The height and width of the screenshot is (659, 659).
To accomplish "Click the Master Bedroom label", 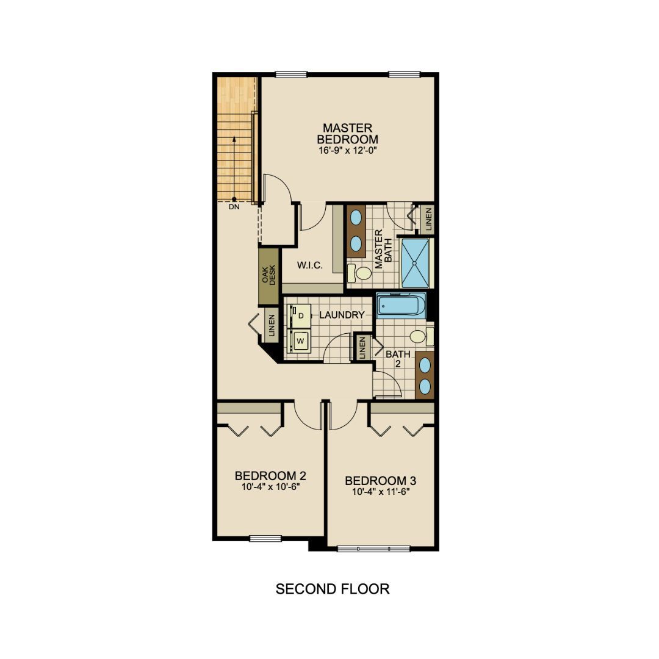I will (347, 134).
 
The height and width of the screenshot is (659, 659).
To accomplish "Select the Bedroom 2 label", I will (270, 476).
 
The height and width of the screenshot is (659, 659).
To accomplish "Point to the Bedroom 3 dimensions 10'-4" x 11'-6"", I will (380, 492).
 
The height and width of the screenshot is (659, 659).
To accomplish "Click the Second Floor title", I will (332, 589).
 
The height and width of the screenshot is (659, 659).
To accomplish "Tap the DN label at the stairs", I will (234, 207).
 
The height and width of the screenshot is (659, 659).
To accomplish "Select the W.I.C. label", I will (310, 265).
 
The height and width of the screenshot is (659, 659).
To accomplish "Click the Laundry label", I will (342, 315).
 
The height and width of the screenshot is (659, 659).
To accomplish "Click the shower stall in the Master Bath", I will (415, 263).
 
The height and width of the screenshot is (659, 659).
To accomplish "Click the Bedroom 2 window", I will (265, 538).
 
